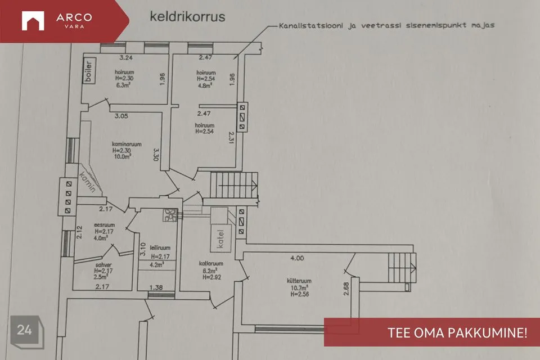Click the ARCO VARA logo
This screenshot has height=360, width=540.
[56, 21]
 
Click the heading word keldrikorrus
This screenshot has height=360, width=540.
[187, 16]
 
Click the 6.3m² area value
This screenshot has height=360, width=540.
[121, 87]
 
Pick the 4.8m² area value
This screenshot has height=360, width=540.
[204, 86]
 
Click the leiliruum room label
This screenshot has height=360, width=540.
[152, 247]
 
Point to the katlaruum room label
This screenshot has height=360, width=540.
[211, 263]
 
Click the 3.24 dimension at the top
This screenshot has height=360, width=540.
[125, 57]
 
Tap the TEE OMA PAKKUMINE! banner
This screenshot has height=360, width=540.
[432, 332]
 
